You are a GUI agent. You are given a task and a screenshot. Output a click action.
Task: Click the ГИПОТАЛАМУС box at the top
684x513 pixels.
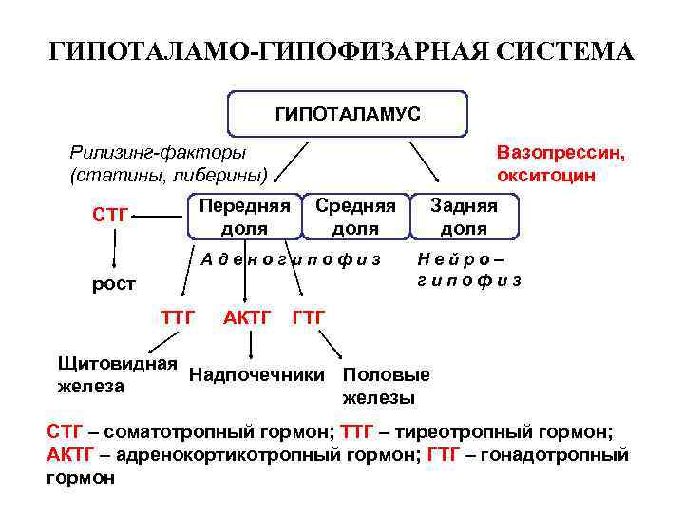(347, 114)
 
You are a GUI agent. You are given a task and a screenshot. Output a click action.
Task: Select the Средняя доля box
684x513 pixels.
(354, 217)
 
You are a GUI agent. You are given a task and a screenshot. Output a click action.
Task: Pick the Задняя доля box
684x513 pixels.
(464, 217)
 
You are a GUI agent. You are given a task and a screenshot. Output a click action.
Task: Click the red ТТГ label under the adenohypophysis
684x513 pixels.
(177, 315)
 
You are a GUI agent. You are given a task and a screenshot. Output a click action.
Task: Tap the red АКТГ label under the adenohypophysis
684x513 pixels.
(247, 315)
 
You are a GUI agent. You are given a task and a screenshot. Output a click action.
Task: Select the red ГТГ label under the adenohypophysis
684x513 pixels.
(309, 315)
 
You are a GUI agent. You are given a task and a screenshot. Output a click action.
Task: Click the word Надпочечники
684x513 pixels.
(256, 374)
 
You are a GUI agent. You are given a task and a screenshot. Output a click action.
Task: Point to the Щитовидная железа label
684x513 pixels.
(117, 374)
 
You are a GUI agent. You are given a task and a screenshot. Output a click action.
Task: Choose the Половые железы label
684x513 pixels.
(386, 385)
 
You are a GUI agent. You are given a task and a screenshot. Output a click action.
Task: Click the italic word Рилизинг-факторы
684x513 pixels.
(157, 152)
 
